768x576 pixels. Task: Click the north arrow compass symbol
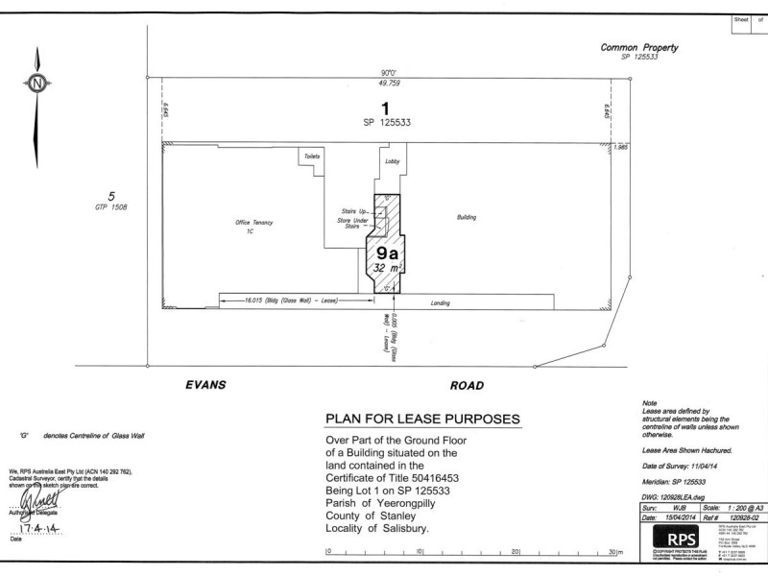click(36, 84)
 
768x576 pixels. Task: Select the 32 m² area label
click(385, 270)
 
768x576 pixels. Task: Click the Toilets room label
click(311, 156)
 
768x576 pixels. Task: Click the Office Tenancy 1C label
click(255, 227)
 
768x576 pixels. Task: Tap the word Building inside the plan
click(468, 218)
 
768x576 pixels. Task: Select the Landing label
click(441, 303)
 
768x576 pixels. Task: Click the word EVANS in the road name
click(204, 384)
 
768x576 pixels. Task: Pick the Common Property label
click(638, 47)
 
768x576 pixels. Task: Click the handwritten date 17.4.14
click(44, 527)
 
